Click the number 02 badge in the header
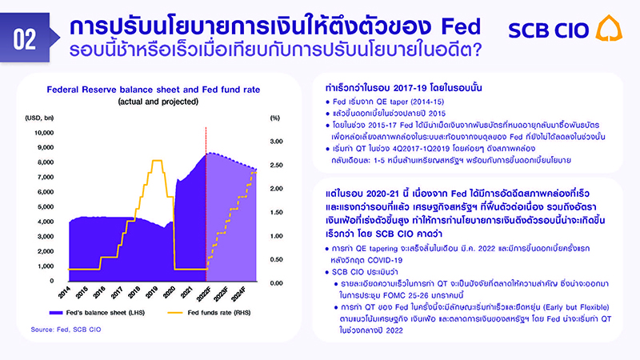pyautogui.click(x=24, y=36)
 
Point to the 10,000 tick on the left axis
pyautogui.click(x=43, y=132)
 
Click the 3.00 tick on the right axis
pyautogui.click(x=278, y=142)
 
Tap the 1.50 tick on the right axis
pyautogui.click(x=278, y=213)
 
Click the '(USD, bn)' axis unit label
pyautogui.click(x=39, y=118)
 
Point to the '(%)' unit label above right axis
pyautogui.click(x=274, y=118)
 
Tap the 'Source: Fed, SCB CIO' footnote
pyautogui.click(x=66, y=329)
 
